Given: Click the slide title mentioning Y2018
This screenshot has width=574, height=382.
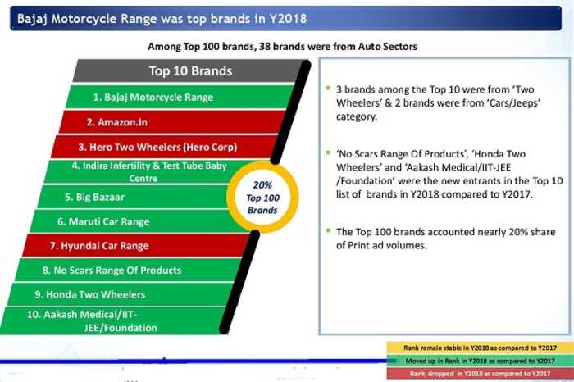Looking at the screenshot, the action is point(162,18).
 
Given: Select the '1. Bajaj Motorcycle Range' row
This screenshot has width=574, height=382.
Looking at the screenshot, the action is point(180,97).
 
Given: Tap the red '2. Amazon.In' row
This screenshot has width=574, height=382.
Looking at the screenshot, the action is point(172,122).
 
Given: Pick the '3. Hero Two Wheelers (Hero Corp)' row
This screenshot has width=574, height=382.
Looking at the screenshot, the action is point(164,147).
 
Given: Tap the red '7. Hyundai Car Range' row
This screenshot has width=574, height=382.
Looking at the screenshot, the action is point(135,246).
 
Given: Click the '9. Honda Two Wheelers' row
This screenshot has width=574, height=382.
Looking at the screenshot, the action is point(120,294).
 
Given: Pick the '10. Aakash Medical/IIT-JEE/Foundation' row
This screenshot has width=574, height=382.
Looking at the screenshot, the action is point(112,321).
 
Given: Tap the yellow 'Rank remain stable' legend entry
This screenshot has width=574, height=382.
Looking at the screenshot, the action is point(480,348).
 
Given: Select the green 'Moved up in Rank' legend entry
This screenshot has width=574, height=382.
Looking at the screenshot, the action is point(480,361).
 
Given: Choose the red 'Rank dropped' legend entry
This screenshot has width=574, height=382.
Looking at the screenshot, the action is point(480,374).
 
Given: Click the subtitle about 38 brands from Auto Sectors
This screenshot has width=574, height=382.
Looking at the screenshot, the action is point(282,47).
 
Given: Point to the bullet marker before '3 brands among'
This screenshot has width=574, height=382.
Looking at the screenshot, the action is point(328,89).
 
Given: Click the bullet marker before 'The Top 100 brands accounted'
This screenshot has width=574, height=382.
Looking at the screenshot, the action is point(328,230).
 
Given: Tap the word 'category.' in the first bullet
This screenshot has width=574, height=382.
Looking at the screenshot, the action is point(357,116).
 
